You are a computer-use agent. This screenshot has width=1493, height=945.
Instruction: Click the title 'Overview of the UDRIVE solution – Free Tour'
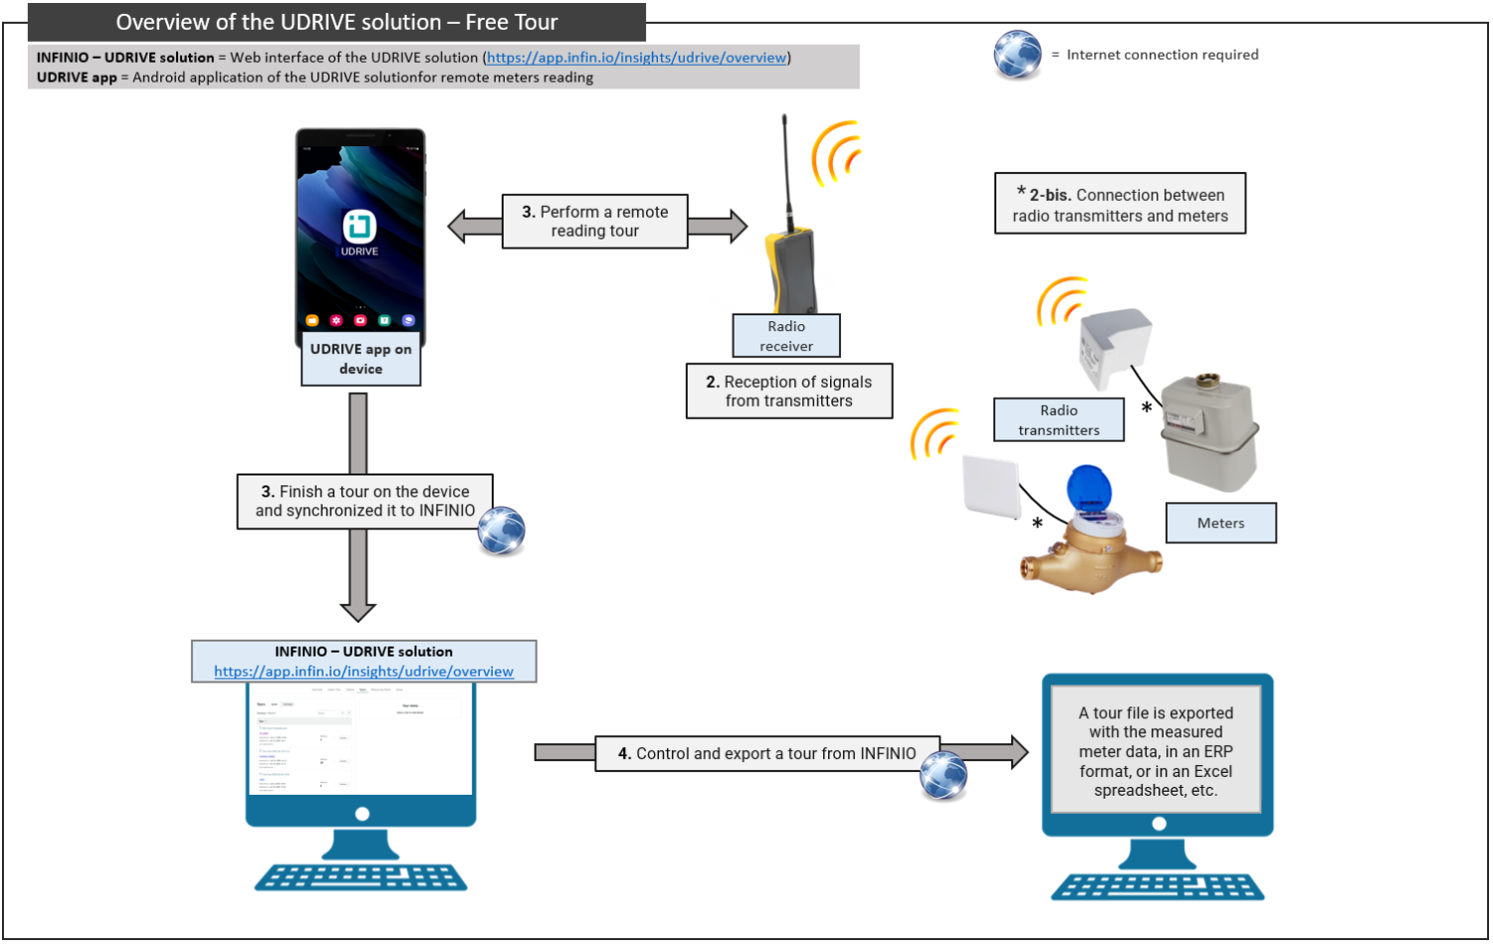[336, 22]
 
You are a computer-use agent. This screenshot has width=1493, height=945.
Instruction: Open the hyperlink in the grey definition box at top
[637, 58]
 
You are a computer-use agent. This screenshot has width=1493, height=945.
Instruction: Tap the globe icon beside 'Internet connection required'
[1016, 55]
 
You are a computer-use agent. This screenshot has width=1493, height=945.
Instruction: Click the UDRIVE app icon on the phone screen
[359, 227]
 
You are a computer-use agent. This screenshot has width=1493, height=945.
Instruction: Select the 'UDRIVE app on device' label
[360, 359]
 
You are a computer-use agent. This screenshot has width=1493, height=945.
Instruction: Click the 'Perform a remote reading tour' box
[595, 221]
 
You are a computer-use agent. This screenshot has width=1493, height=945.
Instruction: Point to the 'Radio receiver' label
[786, 336]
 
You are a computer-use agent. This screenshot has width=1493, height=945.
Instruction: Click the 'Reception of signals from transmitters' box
[788, 391]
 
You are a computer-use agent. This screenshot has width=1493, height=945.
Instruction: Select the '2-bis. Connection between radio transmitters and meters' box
[1120, 205]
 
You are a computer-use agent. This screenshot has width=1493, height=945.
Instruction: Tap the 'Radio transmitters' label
[1058, 420]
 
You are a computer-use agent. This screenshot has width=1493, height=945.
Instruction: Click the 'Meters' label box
[1220, 523]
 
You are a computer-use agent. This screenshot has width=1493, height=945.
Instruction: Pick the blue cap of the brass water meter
[1088, 488]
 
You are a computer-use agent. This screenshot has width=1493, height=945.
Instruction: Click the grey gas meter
[1208, 433]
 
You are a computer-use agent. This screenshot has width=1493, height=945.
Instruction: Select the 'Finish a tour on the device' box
[364, 501]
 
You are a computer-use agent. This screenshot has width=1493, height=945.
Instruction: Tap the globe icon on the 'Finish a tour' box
[501, 530]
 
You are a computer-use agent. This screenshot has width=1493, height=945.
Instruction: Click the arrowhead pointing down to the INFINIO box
[358, 608]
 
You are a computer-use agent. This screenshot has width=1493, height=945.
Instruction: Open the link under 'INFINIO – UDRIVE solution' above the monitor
[363, 671]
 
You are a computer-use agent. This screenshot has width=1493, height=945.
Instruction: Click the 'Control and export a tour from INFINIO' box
[766, 754]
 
